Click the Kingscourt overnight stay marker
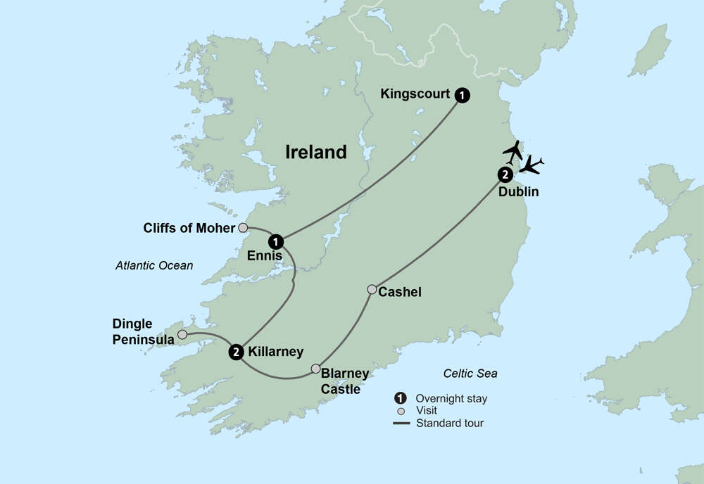462,95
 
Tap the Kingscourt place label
415,94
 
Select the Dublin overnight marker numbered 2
504,175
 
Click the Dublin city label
518,191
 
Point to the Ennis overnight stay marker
277,241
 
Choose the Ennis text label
264,257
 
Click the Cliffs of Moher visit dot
243,227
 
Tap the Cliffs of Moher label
189,228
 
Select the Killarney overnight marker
236,352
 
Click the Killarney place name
276,352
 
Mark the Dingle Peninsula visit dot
182,334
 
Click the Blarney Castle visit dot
316,369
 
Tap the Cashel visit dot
372,289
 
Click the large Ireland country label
316,152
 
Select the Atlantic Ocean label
153,265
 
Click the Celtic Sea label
470,374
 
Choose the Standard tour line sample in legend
401,423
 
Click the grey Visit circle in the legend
401,411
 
